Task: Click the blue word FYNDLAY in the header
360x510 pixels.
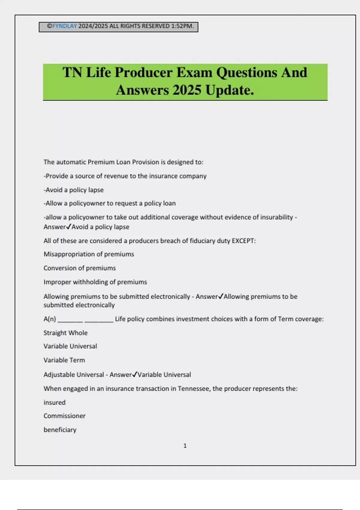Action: click(x=64, y=26)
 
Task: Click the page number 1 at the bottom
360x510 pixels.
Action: click(x=185, y=446)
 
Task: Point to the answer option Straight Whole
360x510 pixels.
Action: click(x=65, y=333)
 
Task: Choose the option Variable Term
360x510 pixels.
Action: click(x=64, y=360)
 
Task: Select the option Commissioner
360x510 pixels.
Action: click(x=64, y=416)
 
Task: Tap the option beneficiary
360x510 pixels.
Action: click(x=60, y=430)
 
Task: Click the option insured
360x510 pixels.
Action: click(x=54, y=402)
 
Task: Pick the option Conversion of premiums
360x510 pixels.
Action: click(x=79, y=268)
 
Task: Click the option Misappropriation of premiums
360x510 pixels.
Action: click(x=89, y=254)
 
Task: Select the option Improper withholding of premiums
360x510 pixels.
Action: click(x=95, y=282)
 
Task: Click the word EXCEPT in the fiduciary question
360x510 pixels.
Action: click(x=244, y=241)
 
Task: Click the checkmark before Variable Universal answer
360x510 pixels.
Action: click(x=135, y=374)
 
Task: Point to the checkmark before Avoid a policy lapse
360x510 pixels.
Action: click(x=68, y=226)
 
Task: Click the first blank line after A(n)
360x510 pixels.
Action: click(x=70, y=320)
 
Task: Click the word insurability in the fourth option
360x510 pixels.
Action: click(x=276, y=217)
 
